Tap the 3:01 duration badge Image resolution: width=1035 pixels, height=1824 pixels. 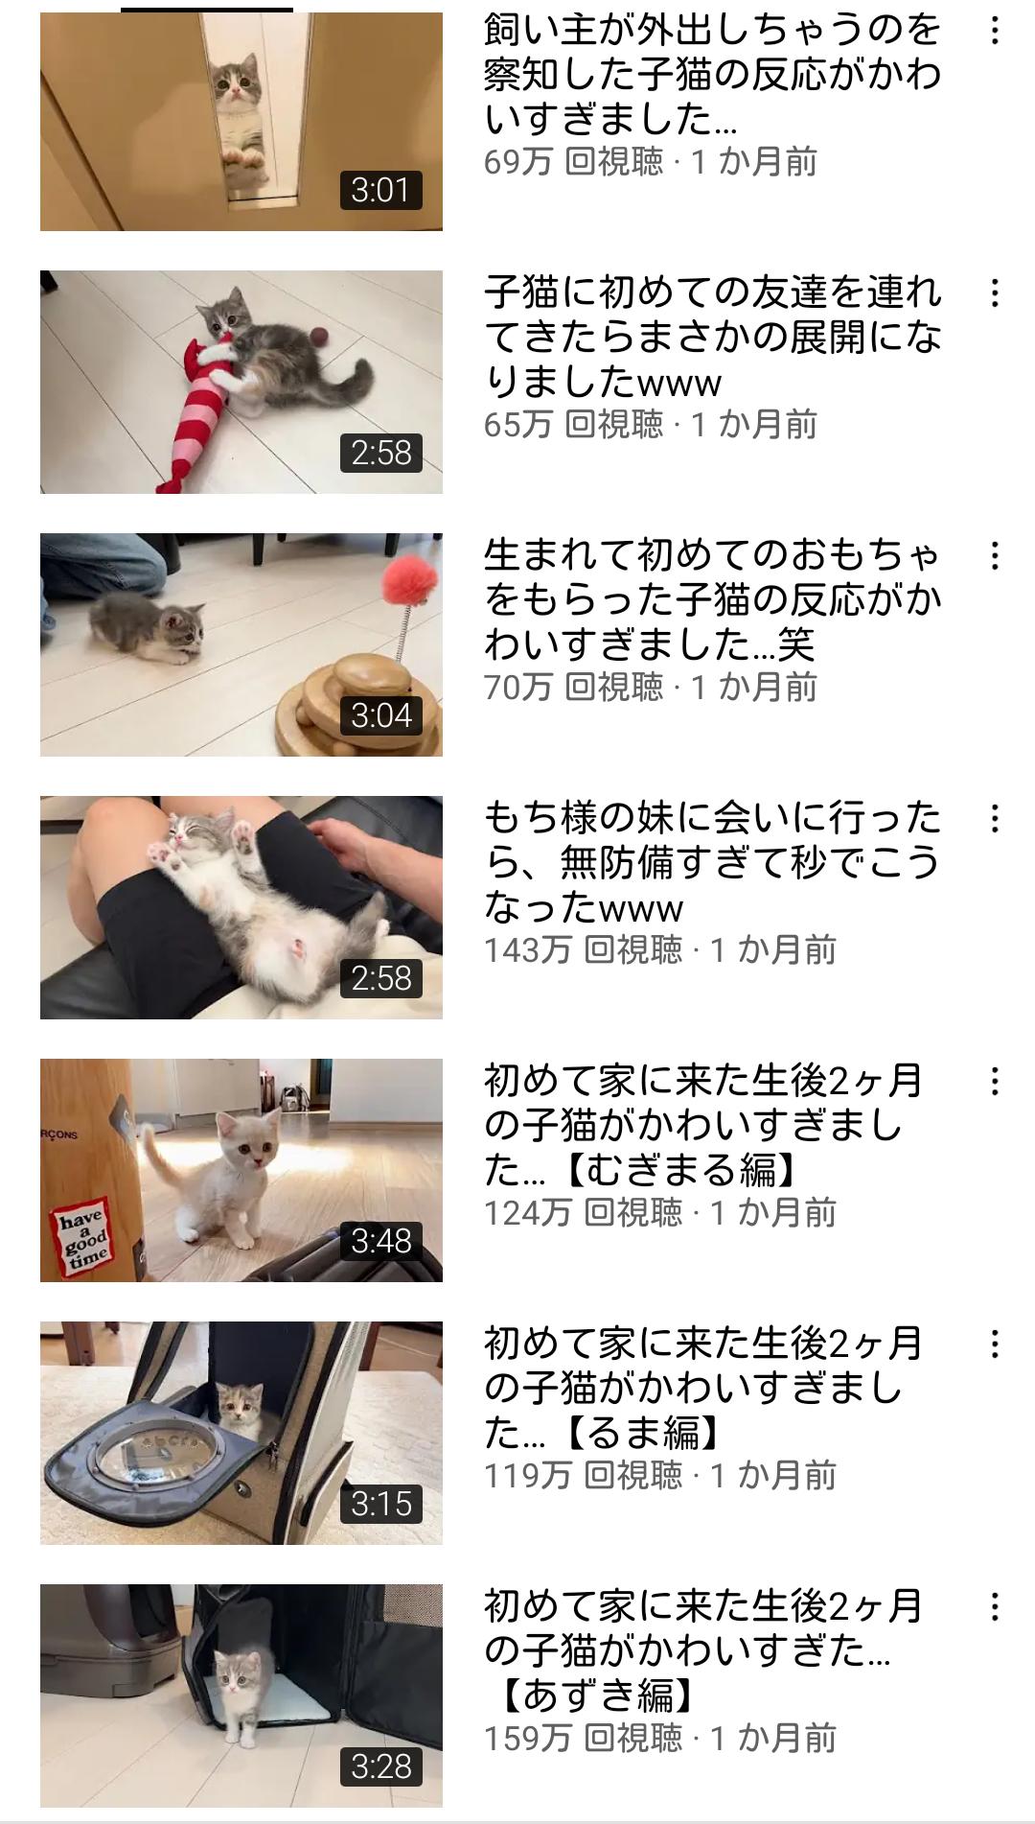click(x=381, y=190)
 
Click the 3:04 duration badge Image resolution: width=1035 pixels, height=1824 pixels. click(x=381, y=715)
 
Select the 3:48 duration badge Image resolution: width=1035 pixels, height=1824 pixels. click(x=381, y=1241)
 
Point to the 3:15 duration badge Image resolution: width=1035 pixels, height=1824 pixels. click(x=381, y=1504)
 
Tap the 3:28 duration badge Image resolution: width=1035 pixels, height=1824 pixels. click(x=381, y=1766)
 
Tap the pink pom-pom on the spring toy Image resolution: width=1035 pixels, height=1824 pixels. click(x=409, y=583)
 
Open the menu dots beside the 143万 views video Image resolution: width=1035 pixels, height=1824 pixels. click(x=995, y=819)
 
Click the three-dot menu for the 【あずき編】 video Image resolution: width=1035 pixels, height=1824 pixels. click(x=995, y=1607)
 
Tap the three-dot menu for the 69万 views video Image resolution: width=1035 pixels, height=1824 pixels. click(x=995, y=31)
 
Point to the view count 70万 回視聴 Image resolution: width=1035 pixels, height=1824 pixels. click(x=573, y=687)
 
